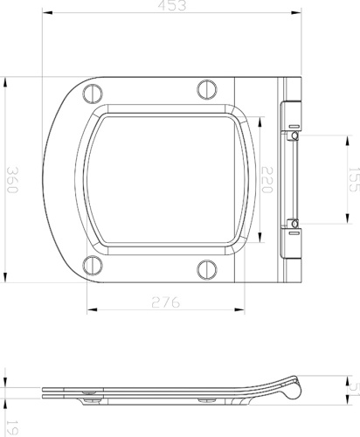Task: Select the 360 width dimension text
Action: [x=11, y=182]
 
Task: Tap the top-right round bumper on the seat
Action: [x=206, y=89]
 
